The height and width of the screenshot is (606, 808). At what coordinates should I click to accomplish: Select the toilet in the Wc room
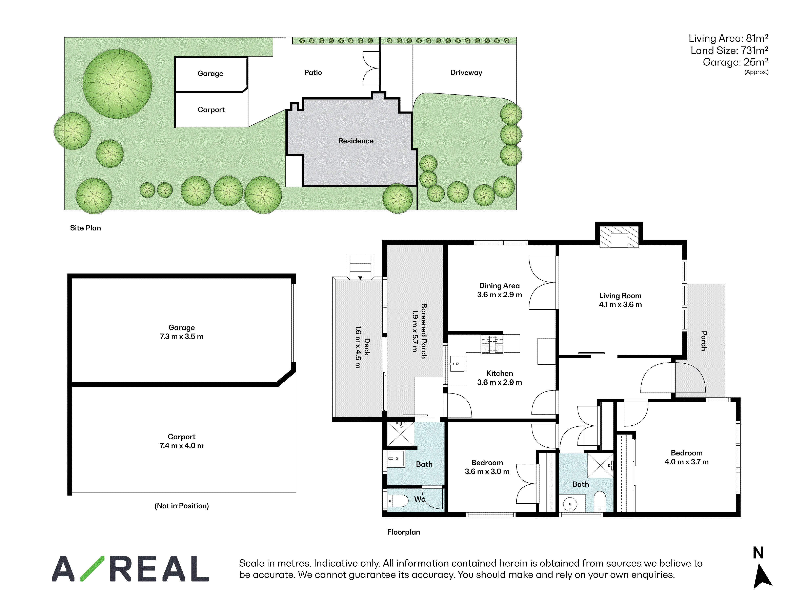tap(397, 501)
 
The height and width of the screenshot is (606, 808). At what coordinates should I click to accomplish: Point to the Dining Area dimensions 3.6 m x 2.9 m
tap(499, 295)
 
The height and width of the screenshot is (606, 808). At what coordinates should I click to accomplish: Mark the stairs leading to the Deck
tap(360, 267)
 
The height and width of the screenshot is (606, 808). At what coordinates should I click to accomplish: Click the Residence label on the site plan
tap(356, 141)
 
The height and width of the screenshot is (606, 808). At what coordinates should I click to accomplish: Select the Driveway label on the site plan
tap(466, 73)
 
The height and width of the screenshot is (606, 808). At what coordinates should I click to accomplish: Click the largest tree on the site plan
tap(117, 84)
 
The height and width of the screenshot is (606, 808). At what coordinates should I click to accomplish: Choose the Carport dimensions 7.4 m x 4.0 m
tap(182, 446)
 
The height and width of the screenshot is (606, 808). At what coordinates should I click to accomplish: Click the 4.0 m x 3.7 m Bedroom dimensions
tap(686, 462)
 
